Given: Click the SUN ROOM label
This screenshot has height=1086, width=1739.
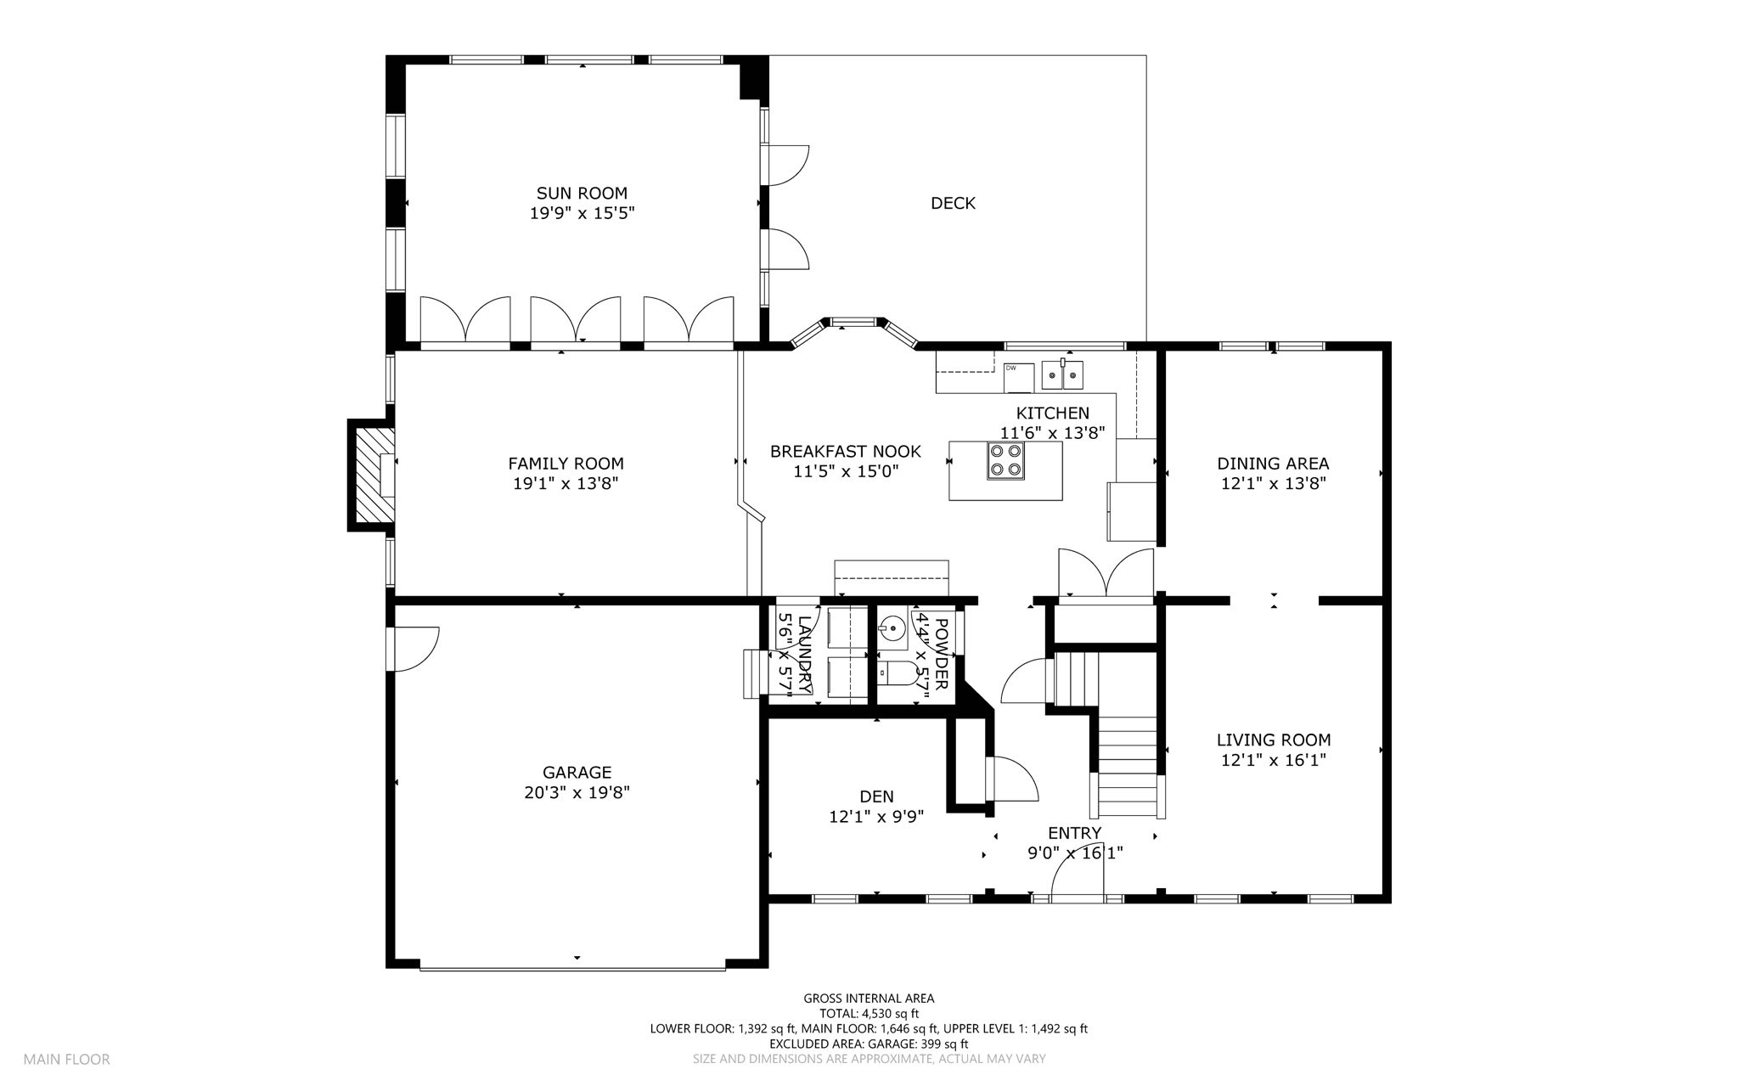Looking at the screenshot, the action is [x=582, y=193].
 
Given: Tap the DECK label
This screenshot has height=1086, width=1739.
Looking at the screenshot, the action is [x=953, y=203].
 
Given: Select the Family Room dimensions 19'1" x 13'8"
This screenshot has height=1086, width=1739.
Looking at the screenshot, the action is [x=566, y=484].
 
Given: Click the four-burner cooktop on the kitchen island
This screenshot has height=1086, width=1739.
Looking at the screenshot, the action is [x=1005, y=461].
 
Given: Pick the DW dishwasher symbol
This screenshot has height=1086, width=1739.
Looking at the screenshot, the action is [x=1018, y=377].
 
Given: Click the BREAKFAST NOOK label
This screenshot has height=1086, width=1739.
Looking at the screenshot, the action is [x=845, y=451].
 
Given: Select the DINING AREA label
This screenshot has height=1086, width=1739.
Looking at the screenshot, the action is [x=1273, y=464].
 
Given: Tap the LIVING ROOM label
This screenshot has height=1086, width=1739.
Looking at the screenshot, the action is [x=1274, y=740].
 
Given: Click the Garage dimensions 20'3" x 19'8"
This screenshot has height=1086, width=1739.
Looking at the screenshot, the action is [x=577, y=793].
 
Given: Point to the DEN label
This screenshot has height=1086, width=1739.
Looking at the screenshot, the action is [x=876, y=796].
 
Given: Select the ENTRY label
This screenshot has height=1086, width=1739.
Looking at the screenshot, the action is [x=1075, y=833].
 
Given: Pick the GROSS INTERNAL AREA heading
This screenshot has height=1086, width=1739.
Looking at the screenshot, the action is [x=869, y=999].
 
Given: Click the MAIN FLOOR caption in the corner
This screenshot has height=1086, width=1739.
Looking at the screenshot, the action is [x=66, y=1060].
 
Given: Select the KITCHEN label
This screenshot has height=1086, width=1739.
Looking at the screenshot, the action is [x=1053, y=414].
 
